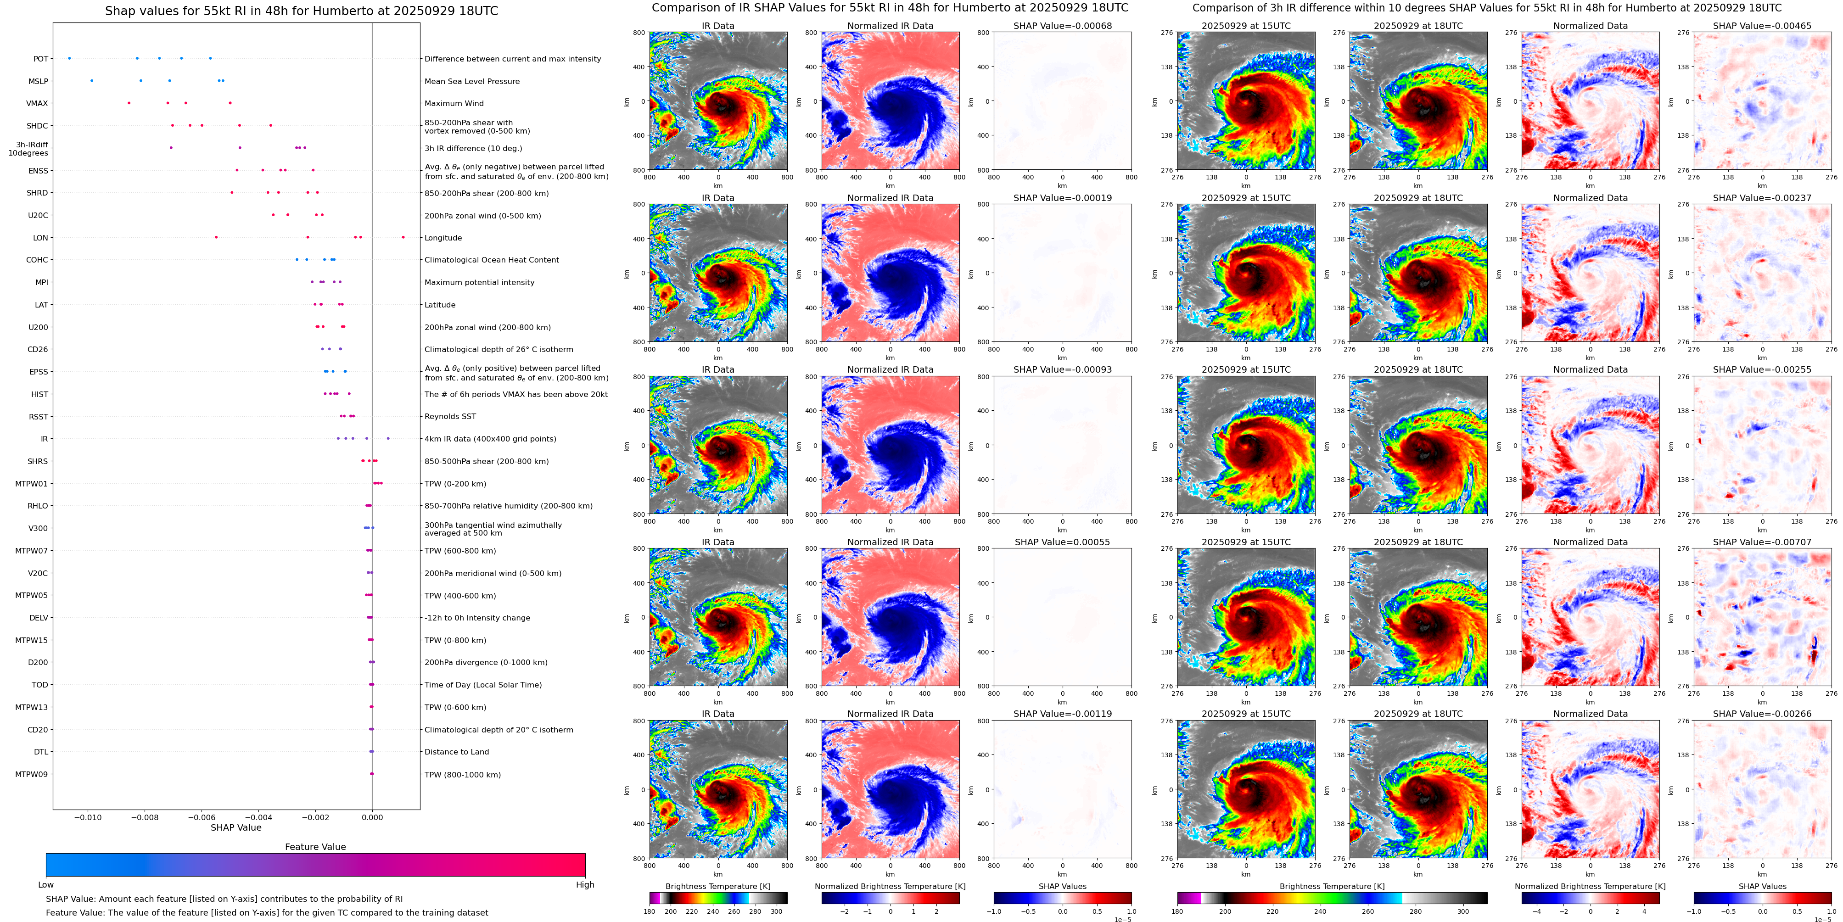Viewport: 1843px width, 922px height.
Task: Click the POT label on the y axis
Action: point(41,59)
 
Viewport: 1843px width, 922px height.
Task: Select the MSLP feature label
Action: point(38,81)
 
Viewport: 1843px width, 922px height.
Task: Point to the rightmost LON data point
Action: point(403,237)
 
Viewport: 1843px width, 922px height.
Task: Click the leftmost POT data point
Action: point(69,58)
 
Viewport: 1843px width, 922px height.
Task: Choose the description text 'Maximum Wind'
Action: point(454,103)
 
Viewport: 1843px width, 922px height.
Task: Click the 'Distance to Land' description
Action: point(456,752)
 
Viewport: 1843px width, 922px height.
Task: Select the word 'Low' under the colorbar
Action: point(46,885)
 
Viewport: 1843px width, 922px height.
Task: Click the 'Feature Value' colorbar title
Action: point(315,847)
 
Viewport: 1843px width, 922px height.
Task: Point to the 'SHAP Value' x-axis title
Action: point(235,827)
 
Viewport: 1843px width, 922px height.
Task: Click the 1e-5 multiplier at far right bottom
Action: point(1822,919)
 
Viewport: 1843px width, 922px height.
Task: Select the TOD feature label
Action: point(39,685)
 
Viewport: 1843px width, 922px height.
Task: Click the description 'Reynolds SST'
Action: point(450,416)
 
